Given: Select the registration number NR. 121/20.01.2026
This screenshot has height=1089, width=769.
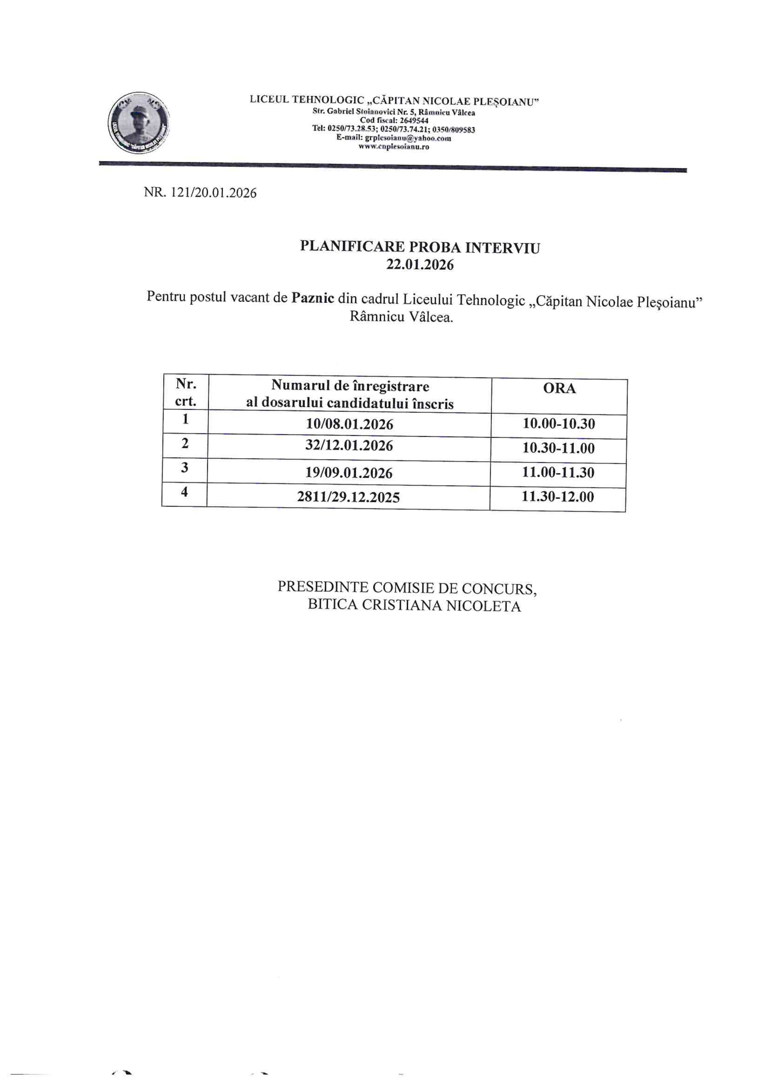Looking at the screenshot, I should click(x=200, y=193).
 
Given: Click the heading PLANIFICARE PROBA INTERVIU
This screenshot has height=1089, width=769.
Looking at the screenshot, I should click(x=420, y=247).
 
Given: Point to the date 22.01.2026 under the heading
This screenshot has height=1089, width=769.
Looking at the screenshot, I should click(x=420, y=265).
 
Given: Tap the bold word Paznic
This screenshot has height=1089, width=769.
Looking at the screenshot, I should click(x=313, y=298).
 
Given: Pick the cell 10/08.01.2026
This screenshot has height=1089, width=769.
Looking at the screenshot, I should click(x=349, y=424).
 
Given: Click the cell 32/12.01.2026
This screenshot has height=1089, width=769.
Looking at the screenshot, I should click(x=349, y=446).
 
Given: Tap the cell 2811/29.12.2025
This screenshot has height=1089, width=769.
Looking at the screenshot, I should click(x=348, y=497).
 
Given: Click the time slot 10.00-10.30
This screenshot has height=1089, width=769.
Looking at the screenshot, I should click(x=559, y=424).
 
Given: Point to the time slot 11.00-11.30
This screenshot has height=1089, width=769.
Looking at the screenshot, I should click(x=558, y=472).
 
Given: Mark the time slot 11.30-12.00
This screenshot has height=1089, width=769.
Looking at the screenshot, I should click(x=558, y=497).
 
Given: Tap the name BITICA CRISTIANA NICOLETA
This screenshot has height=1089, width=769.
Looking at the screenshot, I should click(x=414, y=606).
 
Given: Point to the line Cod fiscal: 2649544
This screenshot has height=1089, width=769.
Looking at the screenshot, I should click(x=394, y=121).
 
